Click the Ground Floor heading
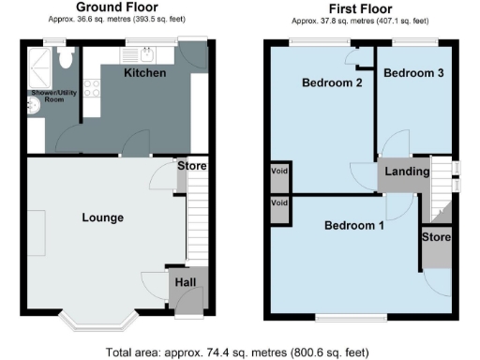117,7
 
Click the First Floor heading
360,7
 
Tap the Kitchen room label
145,73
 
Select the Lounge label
103,217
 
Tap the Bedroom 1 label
354,226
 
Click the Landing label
407,172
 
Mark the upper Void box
279,173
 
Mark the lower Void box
279,203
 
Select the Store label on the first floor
436,238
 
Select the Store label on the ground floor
192,167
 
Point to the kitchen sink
145,53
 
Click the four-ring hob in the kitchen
93,91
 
